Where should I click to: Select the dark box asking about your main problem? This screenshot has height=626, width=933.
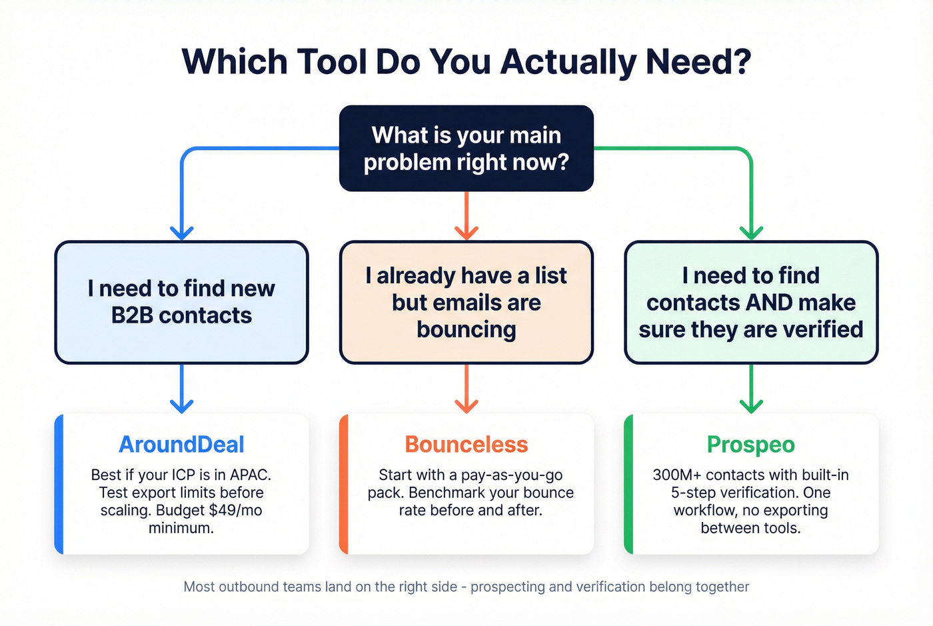tap(466, 148)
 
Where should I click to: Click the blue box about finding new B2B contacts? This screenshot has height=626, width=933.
tap(181, 302)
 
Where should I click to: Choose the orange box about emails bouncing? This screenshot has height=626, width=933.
tap(466, 302)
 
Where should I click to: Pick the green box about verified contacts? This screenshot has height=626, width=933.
tap(751, 302)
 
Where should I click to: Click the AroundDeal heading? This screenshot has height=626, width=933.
tap(181, 444)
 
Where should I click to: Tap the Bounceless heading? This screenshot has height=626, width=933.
tap(466, 444)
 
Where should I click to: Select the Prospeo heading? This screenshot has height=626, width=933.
tap(751, 444)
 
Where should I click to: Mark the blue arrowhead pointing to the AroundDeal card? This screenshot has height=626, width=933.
tap(181, 405)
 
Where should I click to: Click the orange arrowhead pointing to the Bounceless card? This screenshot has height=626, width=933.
tap(466, 405)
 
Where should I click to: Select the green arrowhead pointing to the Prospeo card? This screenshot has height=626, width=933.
tap(751, 405)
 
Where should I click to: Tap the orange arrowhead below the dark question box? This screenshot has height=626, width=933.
tap(466, 231)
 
